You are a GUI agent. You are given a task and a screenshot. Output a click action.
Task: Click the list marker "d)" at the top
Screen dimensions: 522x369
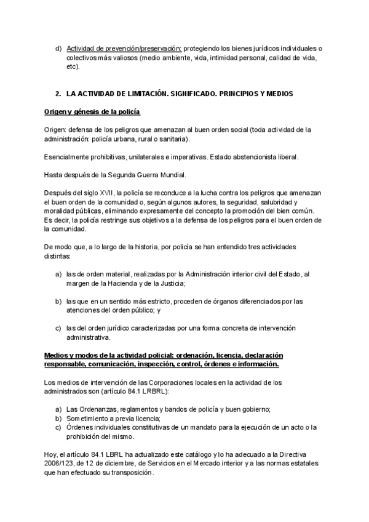click(x=58, y=48)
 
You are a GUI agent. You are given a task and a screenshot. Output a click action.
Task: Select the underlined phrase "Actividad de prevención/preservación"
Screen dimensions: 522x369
click(x=124, y=48)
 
